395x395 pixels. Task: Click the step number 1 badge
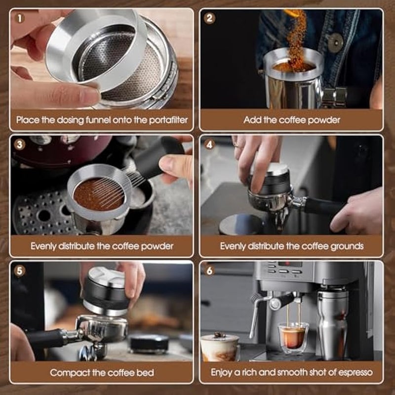(x=20, y=18)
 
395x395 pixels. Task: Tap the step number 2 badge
(x=210, y=18)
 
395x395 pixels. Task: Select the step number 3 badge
(x=20, y=145)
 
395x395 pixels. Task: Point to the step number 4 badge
(x=210, y=145)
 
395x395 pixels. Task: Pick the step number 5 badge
(x=20, y=271)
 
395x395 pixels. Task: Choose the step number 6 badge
(x=210, y=271)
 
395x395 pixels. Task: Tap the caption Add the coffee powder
(x=291, y=120)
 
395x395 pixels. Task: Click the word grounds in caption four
(x=345, y=246)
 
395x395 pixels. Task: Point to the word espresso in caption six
(x=353, y=372)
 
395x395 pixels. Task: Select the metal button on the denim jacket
(x=336, y=42)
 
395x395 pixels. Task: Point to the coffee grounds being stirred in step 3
(x=96, y=194)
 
